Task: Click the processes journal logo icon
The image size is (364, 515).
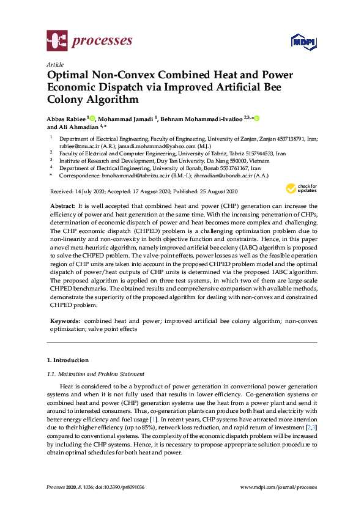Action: (57, 42)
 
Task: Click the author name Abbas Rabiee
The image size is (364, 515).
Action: (67, 118)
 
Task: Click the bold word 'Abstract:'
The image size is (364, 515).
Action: (62, 207)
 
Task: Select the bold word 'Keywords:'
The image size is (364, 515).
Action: (65, 320)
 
